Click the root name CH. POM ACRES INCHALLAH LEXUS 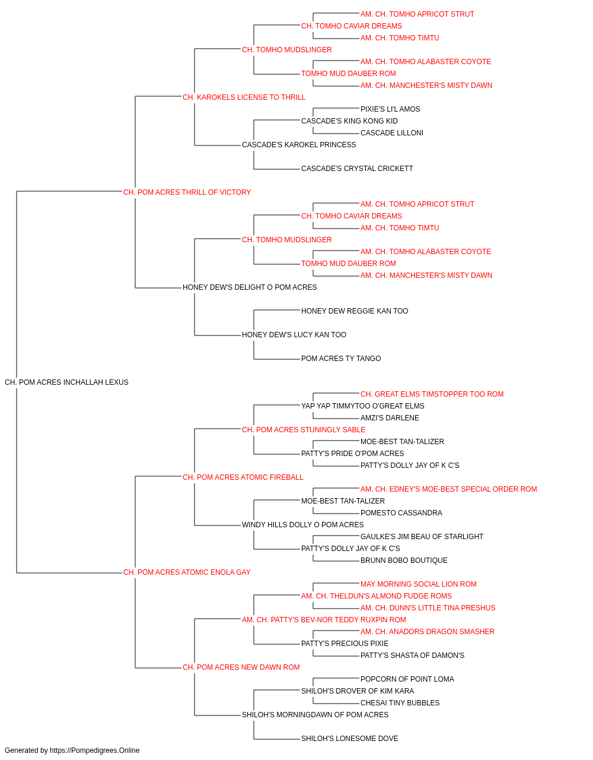point(66,382)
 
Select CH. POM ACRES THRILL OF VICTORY point(187,192)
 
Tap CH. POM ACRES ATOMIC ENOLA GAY point(187,572)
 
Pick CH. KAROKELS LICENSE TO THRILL point(244,97)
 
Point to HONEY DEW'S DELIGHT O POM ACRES point(250,287)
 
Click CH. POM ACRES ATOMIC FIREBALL point(243,477)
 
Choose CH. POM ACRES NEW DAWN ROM point(241,667)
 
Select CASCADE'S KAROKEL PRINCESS point(299,145)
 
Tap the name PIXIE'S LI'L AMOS point(390,109)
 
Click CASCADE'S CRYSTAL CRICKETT point(357,169)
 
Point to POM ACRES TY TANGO point(341,359)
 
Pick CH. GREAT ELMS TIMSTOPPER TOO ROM point(432,394)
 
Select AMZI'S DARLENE point(390,418)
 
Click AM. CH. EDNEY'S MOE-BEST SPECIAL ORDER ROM point(449,489)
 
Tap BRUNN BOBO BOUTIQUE point(404,560)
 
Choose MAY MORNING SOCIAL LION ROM point(419,584)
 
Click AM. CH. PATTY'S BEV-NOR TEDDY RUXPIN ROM point(324,620)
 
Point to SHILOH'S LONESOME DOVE point(350,738)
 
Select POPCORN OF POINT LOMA point(407,679)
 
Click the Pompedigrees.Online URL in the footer point(95,750)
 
